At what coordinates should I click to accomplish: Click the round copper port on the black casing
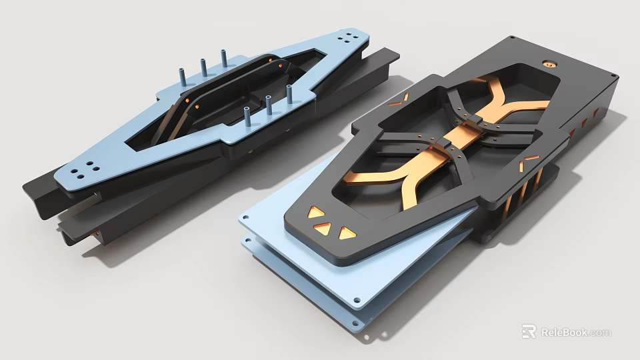[x=548, y=65]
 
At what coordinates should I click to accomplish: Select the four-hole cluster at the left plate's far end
[x=349, y=38]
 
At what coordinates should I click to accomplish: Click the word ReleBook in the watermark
[x=564, y=332]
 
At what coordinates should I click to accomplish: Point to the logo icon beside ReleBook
[x=529, y=331]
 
